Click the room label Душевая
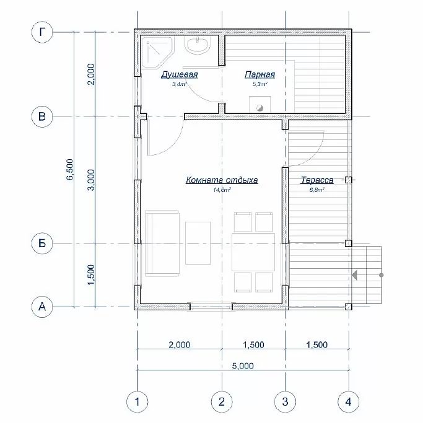tap(180, 74)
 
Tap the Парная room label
tap(259, 74)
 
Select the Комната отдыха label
tap(222, 180)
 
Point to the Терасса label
tap(317, 180)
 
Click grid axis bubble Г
tap(42, 32)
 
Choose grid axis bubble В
tap(42, 117)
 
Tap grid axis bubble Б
tap(42, 243)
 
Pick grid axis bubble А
tap(42, 307)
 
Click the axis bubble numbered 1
tap(137, 402)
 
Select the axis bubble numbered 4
tap(349, 402)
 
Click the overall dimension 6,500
tap(69, 170)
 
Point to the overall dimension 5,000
tap(243, 366)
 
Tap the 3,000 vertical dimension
tap(91, 180)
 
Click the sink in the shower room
tap(198, 45)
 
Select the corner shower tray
tap(156, 53)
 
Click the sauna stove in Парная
tap(259, 104)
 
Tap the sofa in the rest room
tap(162, 243)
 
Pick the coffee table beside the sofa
tap(198, 243)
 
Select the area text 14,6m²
tap(222, 190)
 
